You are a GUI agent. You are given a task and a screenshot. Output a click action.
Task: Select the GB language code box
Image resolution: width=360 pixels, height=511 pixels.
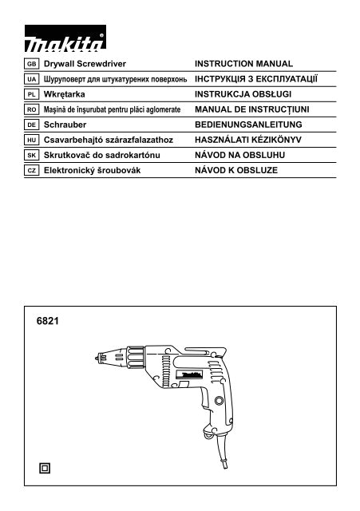pyautogui.click(x=32, y=62)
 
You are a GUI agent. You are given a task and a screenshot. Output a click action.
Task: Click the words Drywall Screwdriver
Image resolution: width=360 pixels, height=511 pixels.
pyautogui.click(x=85, y=62)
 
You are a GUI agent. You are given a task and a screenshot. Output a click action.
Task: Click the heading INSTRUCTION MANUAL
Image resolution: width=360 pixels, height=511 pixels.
pyautogui.click(x=244, y=62)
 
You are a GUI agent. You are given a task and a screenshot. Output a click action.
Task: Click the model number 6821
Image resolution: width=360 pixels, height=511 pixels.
pyautogui.click(x=48, y=325)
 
